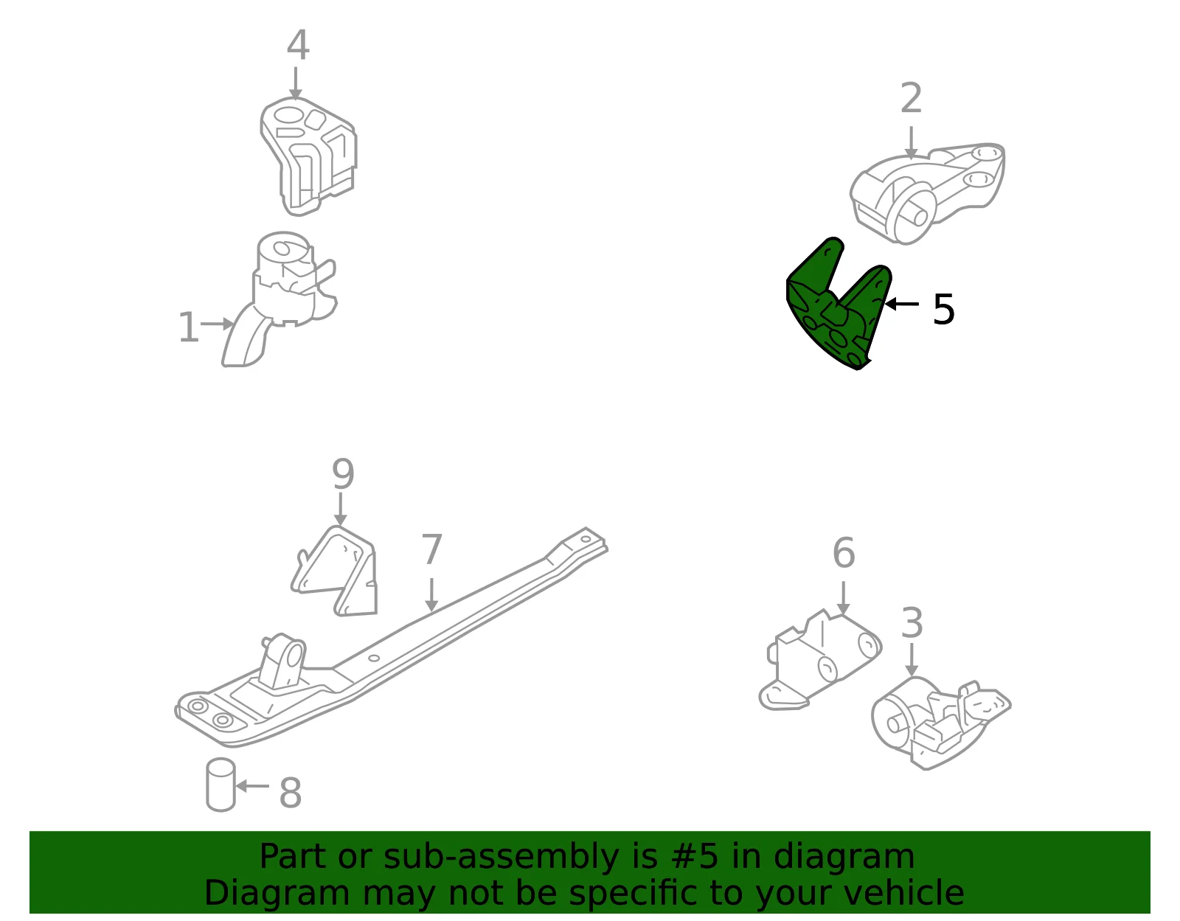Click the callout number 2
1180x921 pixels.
pos(911,97)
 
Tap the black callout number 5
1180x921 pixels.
pos(943,310)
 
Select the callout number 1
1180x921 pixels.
pos(188,327)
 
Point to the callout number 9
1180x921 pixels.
pos(343,474)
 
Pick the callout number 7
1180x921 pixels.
pos(431,549)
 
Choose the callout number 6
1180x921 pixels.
pos(844,552)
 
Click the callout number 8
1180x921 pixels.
pos(290,793)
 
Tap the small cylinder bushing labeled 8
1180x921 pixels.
pos(221,785)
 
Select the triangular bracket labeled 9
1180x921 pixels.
pos(337,572)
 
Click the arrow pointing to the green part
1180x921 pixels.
pos(902,303)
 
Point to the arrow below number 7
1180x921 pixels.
pos(431,595)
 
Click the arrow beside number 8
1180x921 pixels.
pos(252,785)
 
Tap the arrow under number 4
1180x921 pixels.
pos(296,83)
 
